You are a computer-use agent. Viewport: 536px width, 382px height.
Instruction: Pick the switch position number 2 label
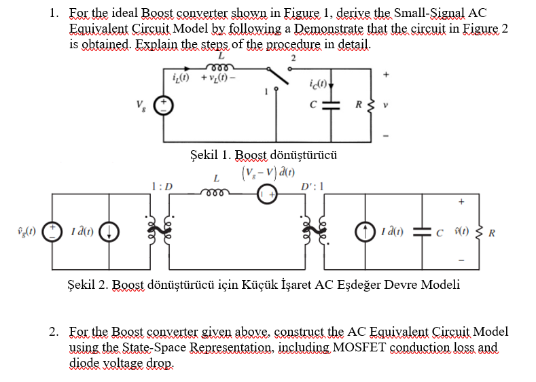(293, 58)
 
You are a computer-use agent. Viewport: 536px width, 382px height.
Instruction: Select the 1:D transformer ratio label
(162, 186)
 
